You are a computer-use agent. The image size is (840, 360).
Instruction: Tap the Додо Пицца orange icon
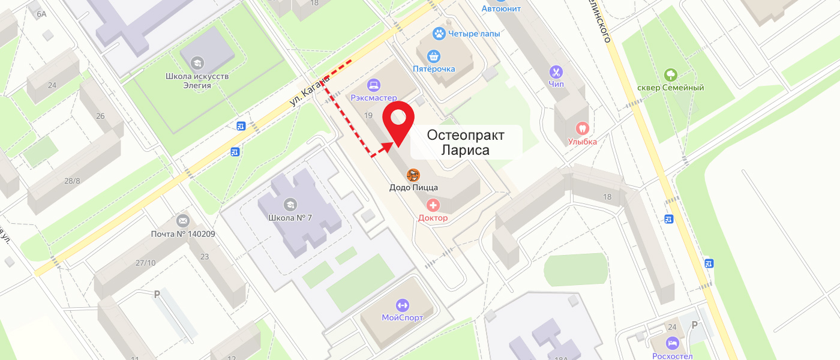point(413,175)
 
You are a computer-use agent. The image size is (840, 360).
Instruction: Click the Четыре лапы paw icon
point(440,34)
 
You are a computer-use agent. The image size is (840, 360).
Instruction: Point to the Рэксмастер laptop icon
point(374,85)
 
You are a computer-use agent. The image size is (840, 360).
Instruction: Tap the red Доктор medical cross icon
point(433,206)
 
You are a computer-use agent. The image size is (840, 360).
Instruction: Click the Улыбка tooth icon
point(582,128)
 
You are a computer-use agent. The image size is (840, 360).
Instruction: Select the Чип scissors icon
point(556,72)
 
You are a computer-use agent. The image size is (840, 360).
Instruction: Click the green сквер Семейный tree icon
point(670,76)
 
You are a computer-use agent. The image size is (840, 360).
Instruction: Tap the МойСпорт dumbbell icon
point(402,305)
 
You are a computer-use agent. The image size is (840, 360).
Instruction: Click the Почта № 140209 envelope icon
point(183,221)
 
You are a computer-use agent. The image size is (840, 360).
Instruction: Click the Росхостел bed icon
point(672,343)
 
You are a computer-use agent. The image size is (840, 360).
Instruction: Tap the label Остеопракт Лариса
point(466,142)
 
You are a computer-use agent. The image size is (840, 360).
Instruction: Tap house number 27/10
point(145,263)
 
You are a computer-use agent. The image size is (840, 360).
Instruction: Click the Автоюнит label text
point(501,8)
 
